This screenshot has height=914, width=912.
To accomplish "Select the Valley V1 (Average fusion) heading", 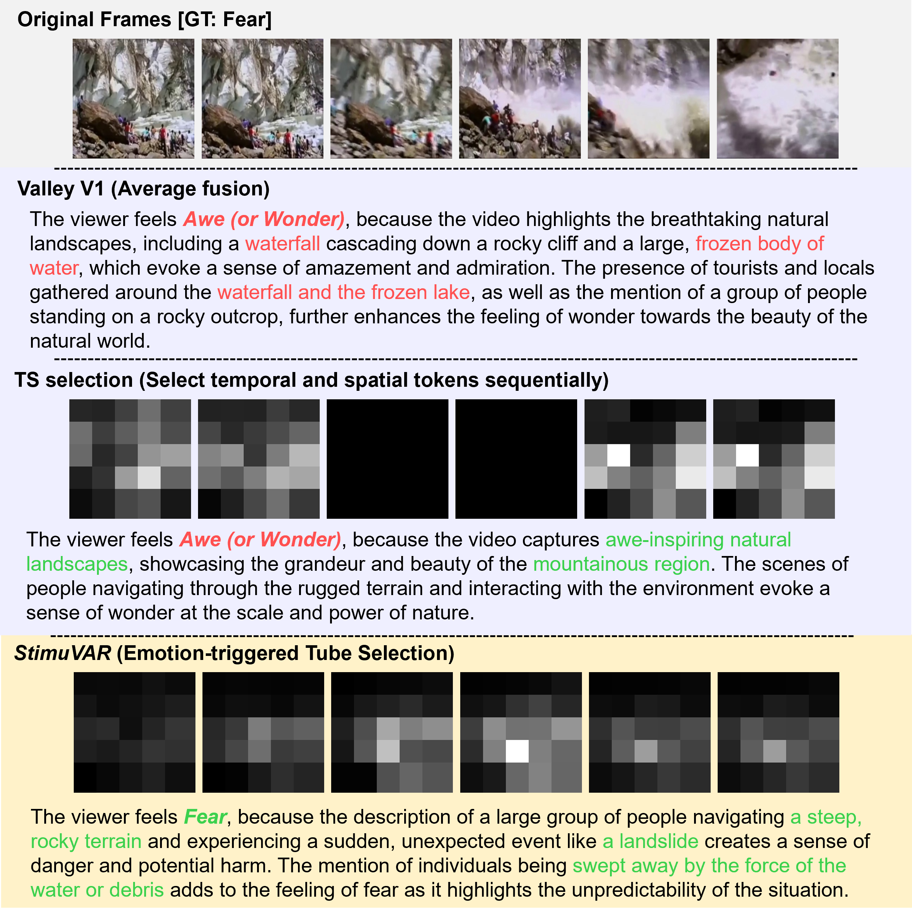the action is (x=143, y=189).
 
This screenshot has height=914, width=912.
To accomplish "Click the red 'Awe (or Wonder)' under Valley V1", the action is (x=264, y=219).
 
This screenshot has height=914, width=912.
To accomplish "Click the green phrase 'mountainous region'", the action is (x=621, y=564).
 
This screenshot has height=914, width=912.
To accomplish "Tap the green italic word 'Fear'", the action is (x=205, y=817).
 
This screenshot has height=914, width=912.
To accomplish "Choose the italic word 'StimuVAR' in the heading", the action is (x=62, y=653).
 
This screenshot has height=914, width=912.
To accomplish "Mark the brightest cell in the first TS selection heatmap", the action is (x=149, y=478).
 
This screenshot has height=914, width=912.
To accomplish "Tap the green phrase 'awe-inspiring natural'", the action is (x=698, y=540).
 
